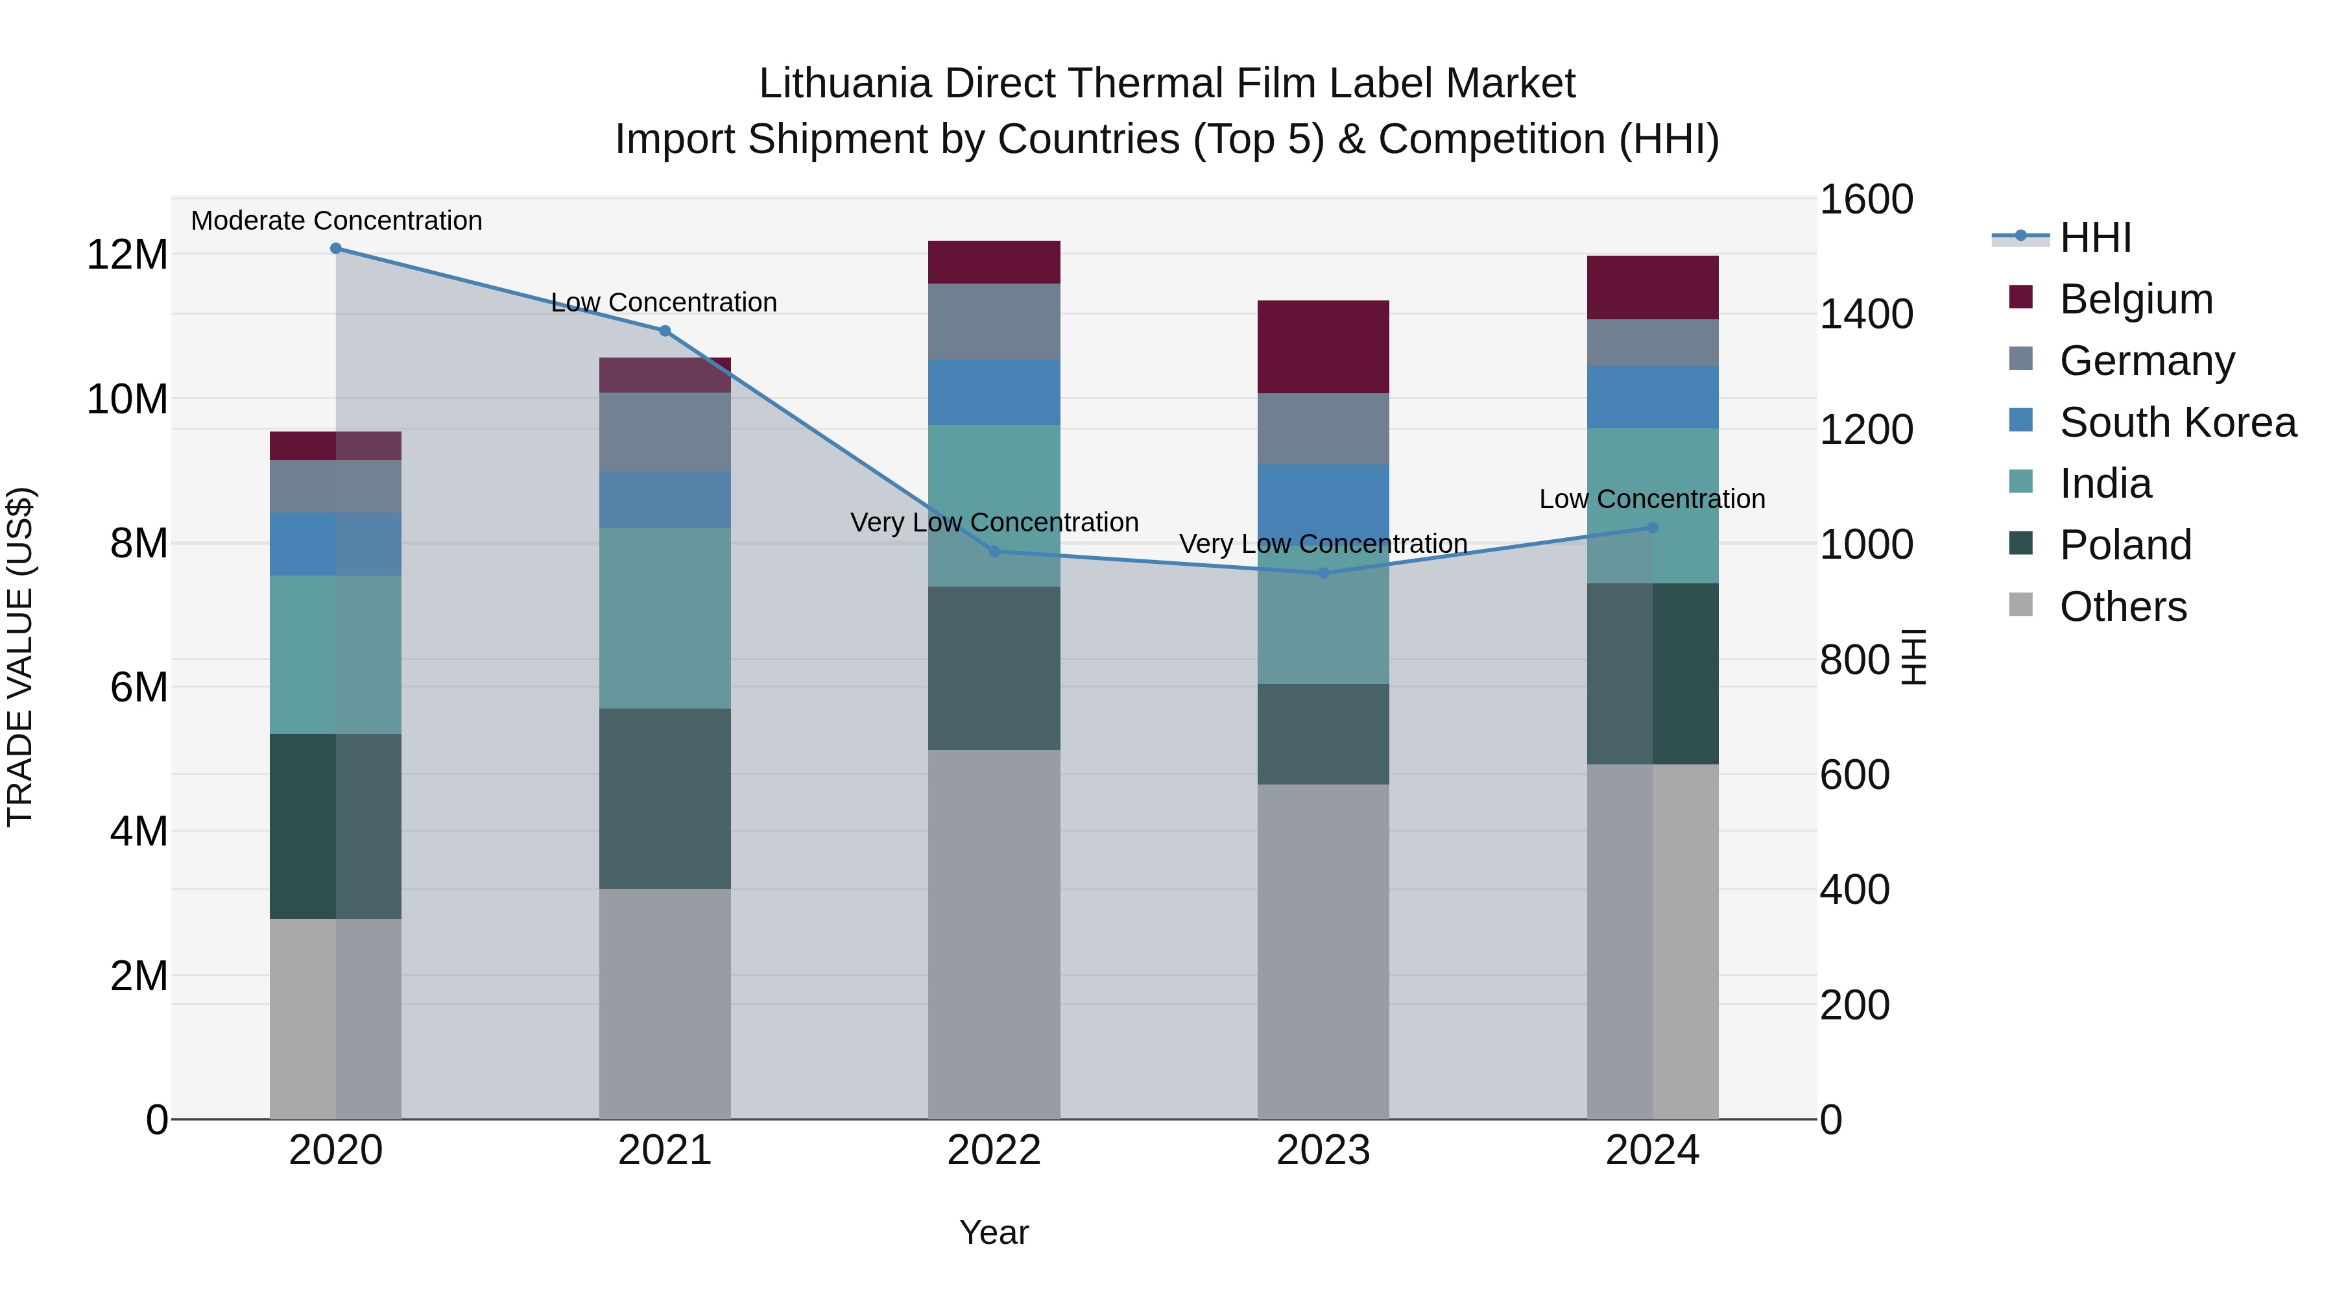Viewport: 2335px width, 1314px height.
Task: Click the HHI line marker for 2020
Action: [335, 249]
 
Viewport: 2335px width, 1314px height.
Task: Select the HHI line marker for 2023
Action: [1323, 573]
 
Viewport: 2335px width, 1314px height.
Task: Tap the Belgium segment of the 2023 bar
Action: [1323, 347]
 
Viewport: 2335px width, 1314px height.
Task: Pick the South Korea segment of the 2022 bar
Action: [994, 392]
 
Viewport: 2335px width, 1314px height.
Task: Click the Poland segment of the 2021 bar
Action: [664, 798]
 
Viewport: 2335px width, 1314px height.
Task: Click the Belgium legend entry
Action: [2136, 299]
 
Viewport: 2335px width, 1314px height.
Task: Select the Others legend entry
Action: [2122, 607]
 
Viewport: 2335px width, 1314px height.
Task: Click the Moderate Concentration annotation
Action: [336, 221]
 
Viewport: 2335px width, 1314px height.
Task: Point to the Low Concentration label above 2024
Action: [1651, 500]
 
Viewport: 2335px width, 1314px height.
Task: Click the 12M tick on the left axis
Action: [127, 255]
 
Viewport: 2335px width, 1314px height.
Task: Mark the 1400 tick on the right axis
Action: [1865, 315]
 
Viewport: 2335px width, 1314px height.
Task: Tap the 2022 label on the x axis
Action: [994, 1150]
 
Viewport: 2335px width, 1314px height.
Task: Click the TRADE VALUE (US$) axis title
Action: [20, 657]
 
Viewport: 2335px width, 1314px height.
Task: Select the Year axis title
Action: [994, 1232]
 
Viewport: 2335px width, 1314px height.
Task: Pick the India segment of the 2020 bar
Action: [335, 655]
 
